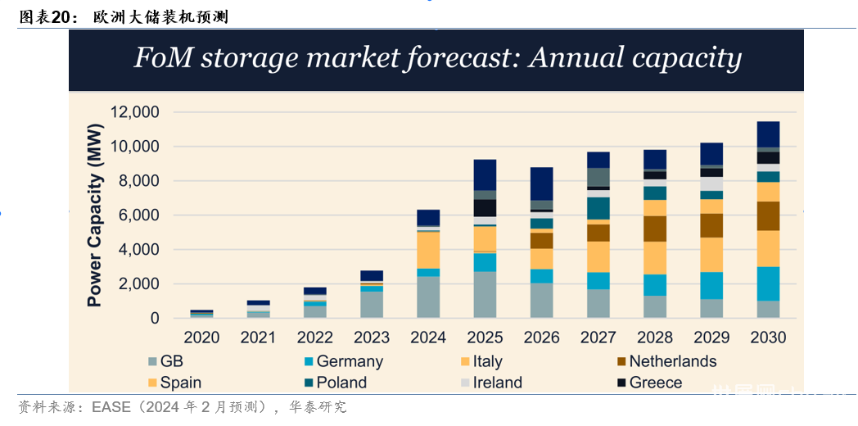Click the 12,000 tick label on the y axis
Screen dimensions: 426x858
click(134, 112)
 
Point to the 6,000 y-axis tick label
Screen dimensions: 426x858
click(139, 215)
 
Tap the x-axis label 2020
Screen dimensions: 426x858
click(202, 338)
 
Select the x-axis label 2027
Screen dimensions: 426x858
click(598, 338)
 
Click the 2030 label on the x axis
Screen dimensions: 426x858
click(768, 338)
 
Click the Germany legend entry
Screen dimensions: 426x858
click(349, 361)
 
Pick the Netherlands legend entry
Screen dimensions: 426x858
click(672, 361)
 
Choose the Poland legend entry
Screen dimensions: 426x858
click(341, 383)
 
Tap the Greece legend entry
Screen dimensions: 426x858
click(655, 383)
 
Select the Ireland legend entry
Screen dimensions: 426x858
click(497, 383)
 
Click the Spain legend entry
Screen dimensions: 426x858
click(181, 383)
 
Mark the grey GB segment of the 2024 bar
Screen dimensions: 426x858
click(428, 297)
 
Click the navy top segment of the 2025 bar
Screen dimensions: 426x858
click(485, 174)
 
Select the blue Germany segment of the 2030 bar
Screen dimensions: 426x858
click(768, 283)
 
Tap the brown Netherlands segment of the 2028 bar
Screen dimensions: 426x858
click(655, 229)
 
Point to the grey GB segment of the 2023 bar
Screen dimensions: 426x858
click(372, 305)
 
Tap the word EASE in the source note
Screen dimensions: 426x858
click(111, 407)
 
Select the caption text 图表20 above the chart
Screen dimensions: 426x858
click(42, 17)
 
